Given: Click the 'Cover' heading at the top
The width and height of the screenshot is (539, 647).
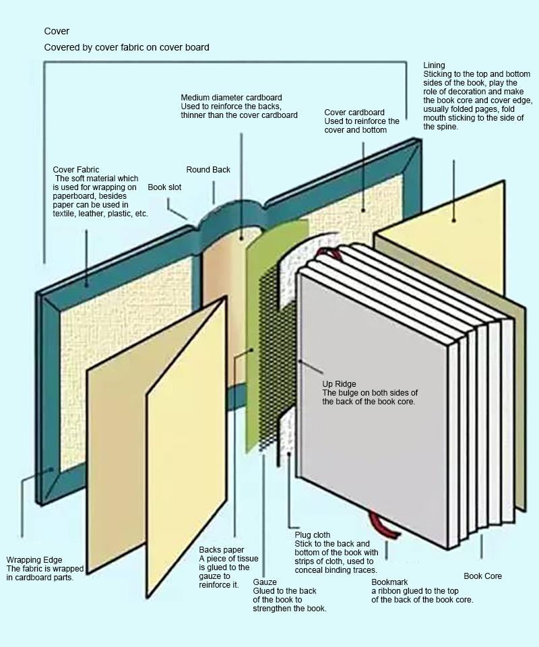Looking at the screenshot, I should click(x=57, y=32).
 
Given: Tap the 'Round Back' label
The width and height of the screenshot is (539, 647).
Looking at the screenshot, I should click(x=208, y=170).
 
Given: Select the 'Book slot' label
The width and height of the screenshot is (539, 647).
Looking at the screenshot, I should click(x=164, y=187).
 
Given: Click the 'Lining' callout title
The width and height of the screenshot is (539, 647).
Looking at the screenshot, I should click(x=434, y=65).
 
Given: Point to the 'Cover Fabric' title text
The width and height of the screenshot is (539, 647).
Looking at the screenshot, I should click(x=76, y=170).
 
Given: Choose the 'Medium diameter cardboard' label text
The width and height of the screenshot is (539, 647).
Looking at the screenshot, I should click(x=231, y=98).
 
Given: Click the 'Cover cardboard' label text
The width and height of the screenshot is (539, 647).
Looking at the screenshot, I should click(x=354, y=113).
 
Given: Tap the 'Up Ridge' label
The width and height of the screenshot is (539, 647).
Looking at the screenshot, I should click(x=339, y=384).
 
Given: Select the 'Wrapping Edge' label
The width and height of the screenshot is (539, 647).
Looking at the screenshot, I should click(x=34, y=560).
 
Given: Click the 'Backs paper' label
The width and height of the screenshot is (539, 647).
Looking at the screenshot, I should click(x=222, y=550).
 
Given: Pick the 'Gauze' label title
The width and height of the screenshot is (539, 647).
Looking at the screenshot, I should click(x=264, y=582).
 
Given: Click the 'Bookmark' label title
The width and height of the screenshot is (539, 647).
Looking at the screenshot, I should click(x=389, y=582).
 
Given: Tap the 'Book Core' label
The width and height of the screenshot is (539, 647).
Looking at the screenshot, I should click(x=482, y=576).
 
